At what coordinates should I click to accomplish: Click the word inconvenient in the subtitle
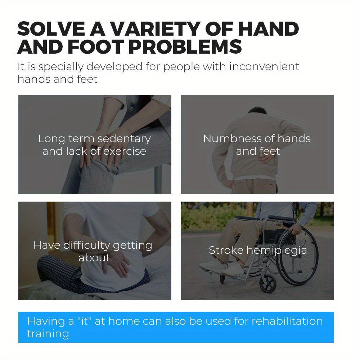264,67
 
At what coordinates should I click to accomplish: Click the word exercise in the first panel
125,151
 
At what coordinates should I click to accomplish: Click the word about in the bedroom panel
94,258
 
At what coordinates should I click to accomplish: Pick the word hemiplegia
276,251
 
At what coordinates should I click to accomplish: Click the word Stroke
226,250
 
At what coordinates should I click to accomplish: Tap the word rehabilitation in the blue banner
287,321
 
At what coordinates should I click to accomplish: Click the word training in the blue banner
48,334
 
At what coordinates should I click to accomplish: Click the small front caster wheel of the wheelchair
268,284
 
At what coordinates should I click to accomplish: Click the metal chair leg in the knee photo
158,179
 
